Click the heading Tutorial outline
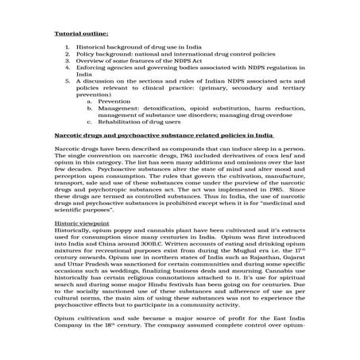79,33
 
